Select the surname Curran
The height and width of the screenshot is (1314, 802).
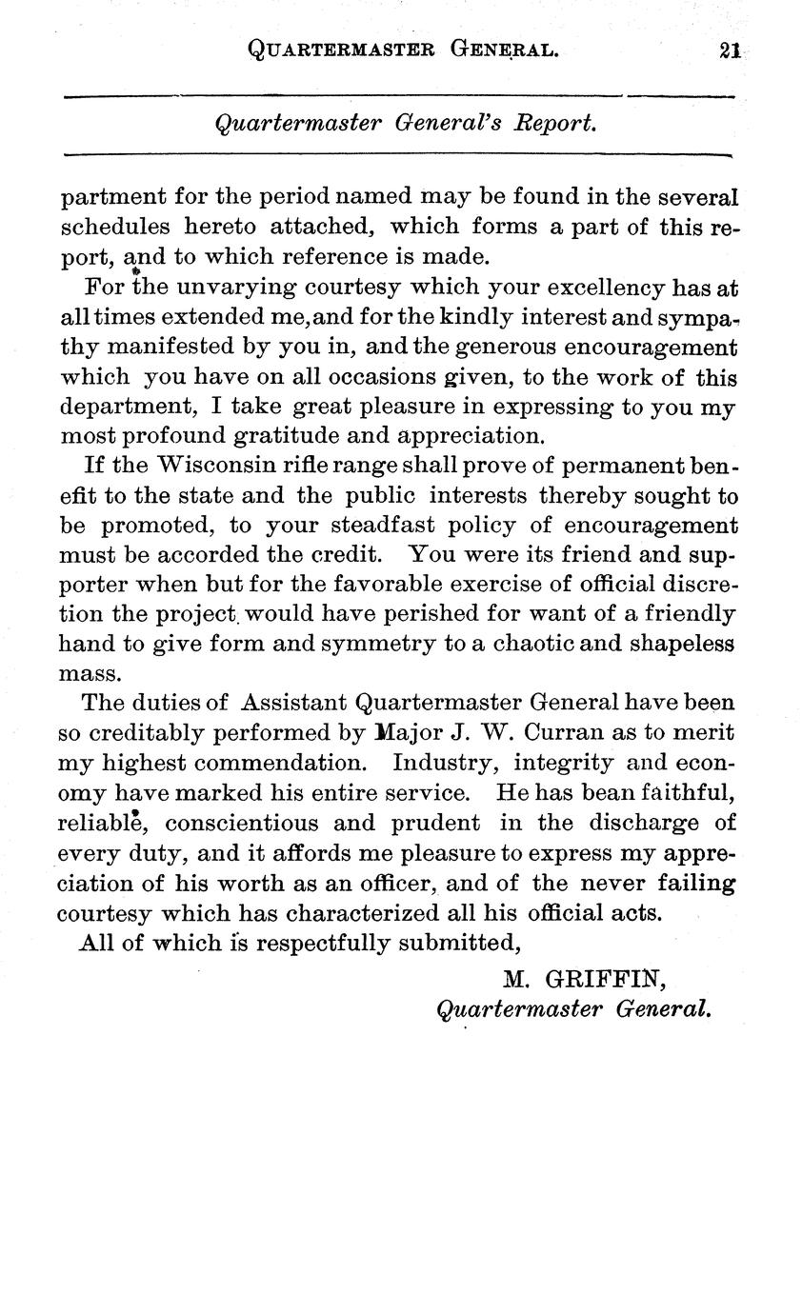543,733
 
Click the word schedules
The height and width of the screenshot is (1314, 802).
115,227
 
